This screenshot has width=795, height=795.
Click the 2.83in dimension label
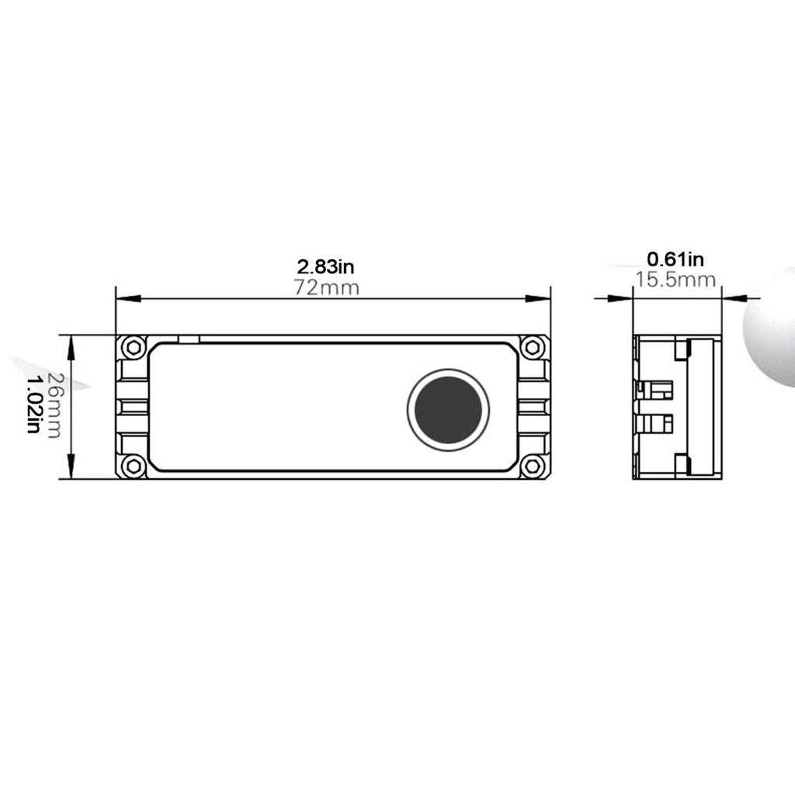coord(325,266)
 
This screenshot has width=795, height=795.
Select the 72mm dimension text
coord(327,288)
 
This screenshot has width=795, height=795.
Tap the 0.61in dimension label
coord(675,259)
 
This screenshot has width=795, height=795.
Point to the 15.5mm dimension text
coord(676,279)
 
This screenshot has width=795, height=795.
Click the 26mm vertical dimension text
coord(54,405)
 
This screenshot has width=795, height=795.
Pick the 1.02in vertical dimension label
coord(33,404)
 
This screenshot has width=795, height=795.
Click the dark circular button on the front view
coord(448,410)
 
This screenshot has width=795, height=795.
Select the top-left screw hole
coord(134,347)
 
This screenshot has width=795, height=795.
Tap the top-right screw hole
coord(532,347)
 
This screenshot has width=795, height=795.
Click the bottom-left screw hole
coord(134,466)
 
